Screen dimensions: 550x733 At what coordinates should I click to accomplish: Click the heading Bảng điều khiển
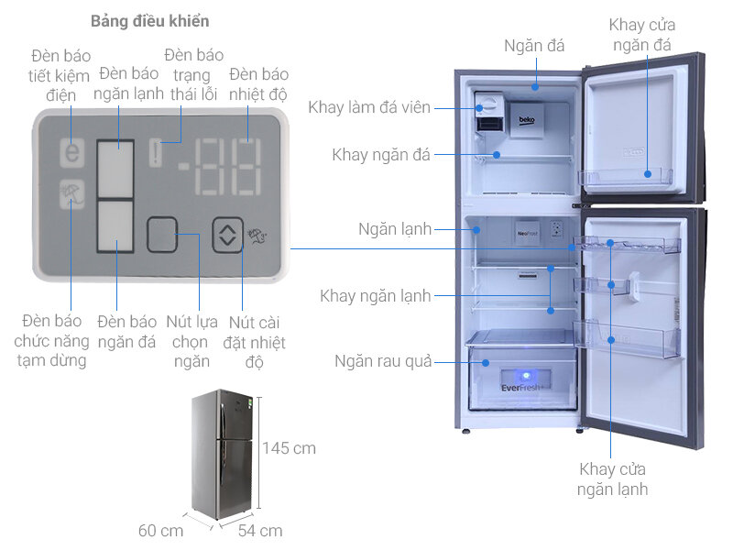(149, 20)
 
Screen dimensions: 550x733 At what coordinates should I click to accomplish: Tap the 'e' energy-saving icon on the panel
(71, 152)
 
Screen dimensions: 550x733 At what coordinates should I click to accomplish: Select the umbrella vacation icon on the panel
(71, 194)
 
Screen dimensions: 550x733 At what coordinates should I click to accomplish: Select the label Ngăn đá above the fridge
(534, 46)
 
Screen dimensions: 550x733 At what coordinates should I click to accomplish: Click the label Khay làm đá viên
(369, 107)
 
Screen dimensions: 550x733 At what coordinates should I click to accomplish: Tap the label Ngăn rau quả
(383, 361)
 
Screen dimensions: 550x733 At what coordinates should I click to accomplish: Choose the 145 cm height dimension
(289, 448)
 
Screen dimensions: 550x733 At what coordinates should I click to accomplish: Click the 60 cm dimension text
(161, 530)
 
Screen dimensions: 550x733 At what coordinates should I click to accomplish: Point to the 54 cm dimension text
(260, 530)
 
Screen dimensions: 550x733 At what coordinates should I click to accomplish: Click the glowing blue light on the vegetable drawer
(527, 374)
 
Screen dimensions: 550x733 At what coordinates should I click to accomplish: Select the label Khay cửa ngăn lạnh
(612, 478)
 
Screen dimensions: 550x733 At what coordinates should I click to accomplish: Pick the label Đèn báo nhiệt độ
(258, 83)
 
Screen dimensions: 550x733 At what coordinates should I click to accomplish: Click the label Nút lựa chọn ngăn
(188, 341)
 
